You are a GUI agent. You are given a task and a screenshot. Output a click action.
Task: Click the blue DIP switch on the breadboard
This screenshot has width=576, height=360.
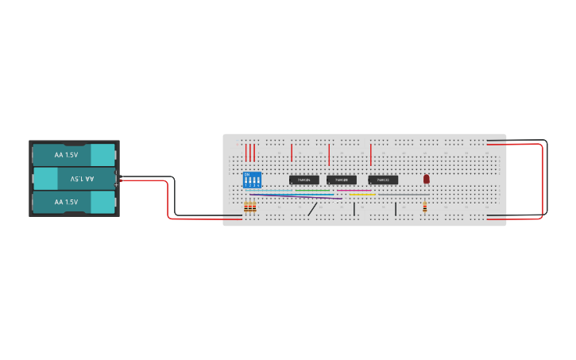252,180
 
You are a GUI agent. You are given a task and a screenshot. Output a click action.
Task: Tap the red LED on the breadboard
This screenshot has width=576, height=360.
427,179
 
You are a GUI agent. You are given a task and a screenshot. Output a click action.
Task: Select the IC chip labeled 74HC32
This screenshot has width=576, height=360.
383,180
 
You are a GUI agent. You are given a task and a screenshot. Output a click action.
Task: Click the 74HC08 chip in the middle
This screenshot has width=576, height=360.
342,180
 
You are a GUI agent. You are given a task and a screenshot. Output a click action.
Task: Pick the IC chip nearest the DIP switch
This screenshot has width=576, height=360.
303,180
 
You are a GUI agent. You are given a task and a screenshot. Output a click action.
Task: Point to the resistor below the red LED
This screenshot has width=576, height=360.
425,207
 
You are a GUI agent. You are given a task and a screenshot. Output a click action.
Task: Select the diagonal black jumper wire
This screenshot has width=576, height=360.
313,209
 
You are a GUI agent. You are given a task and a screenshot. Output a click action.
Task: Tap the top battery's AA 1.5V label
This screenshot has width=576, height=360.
66,154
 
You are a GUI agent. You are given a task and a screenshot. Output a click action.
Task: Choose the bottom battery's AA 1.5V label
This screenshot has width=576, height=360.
66,202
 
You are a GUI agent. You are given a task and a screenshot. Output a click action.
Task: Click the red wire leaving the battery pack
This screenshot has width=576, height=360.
168,199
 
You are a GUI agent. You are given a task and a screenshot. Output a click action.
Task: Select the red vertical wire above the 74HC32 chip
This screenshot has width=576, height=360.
370,153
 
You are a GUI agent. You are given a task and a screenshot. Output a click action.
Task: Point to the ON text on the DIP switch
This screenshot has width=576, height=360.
247,173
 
